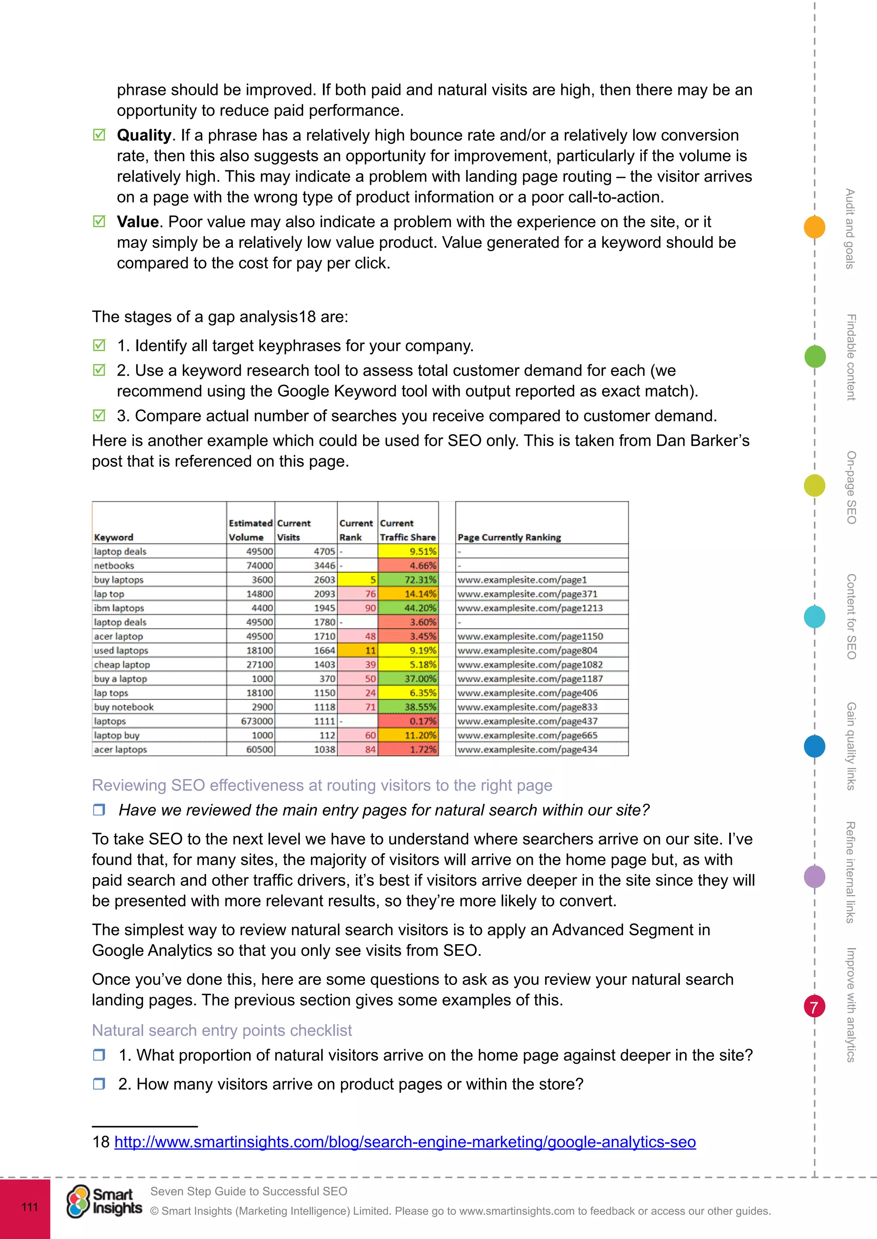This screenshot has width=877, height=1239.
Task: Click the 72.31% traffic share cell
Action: [x=408, y=580]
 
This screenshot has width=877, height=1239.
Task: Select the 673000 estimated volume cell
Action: [x=251, y=721]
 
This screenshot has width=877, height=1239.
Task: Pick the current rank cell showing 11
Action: [x=358, y=650]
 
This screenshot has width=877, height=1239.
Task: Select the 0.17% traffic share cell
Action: [x=408, y=721]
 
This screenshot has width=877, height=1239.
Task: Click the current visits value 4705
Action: [x=307, y=551]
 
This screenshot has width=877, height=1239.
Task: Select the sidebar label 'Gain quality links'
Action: [x=851, y=746]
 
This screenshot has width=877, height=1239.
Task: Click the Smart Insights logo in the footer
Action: [x=104, y=1202]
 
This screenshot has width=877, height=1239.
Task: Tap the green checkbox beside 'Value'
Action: [x=99, y=221]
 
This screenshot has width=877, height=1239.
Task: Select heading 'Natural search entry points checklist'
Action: [x=221, y=1030]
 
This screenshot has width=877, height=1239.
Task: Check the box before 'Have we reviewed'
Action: [x=99, y=809]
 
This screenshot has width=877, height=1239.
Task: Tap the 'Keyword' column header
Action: [x=113, y=537]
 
